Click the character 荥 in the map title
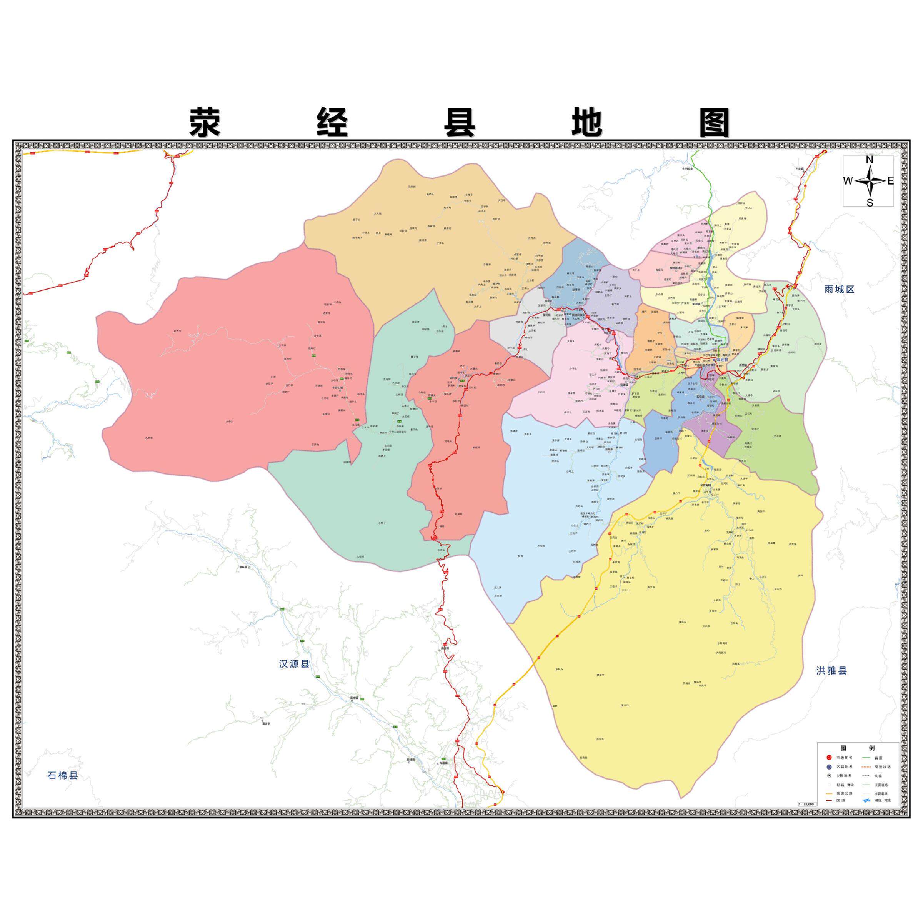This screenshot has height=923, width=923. click(x=205, y=122)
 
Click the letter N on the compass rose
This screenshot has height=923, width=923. click(x=870, y=160)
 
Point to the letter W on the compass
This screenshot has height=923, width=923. click(x=848, y=181)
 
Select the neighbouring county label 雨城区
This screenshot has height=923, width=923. click(x=839, y=289)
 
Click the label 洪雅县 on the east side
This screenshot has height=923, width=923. click(x=831, y=671)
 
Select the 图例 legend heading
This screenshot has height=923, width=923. click(x=858, y=748)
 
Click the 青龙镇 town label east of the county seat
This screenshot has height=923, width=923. click(x=743, y=365)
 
